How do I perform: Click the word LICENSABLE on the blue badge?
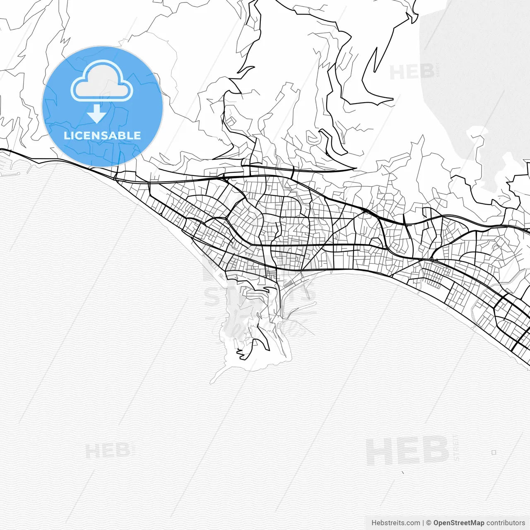point(102,135)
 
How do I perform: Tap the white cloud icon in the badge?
point(101,81)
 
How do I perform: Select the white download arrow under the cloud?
point(97,113)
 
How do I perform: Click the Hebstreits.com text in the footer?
point(395,523)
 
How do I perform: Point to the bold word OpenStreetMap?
point(459,523)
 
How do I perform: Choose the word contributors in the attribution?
point(506,523)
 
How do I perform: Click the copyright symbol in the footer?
point(429,523)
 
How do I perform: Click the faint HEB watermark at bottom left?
point(108,450)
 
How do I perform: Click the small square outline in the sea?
point(494,453)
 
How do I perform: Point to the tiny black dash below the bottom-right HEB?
point(403,472)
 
